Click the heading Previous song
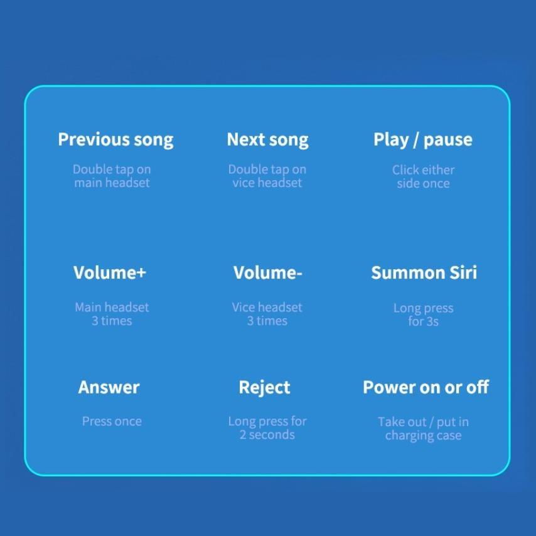(x=115, y=140)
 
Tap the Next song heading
(x=267, y=140)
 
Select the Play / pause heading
(x=423, y=140)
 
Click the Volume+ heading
(x=110, y=272)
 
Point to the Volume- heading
(x=267, y=272)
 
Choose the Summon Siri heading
(x=424, y=272)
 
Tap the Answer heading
(x=109, y=387)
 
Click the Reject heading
(x=265, y=388)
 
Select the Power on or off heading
(x=426, y=387)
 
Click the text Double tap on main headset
(x=112, y=176)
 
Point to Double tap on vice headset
(x=267, y=176)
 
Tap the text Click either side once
(x=423, y=177)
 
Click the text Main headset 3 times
(x=112, y=314)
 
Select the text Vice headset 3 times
(x=267, y=314)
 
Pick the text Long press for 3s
(x=423, y=315)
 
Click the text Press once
(x=112, y=421)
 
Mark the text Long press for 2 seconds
(x=267, y=428)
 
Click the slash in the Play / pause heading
(x=415, y=140)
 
